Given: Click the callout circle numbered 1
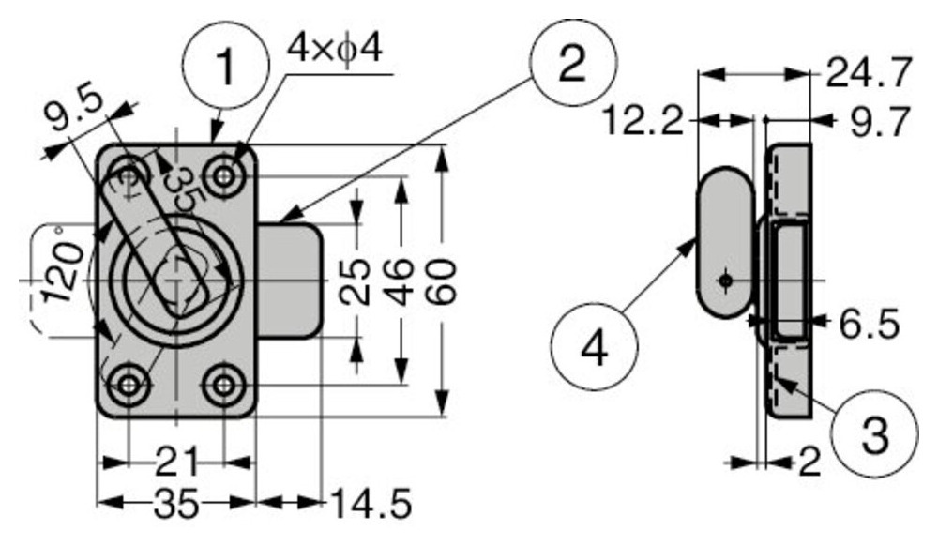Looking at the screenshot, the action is click(225, 65).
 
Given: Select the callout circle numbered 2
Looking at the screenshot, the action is click(572, 65).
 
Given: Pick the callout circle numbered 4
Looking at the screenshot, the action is click(595, 347).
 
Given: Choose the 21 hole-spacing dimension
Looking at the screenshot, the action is click(176, 463).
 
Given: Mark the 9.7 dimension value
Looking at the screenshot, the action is click(879, 121).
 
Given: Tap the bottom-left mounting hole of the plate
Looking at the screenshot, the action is click(127, 385).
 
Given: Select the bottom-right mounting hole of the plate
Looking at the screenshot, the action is click(224, 385).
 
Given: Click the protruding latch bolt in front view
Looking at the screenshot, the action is click(291, 280).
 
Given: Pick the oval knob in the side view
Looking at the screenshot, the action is click(725, 241).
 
